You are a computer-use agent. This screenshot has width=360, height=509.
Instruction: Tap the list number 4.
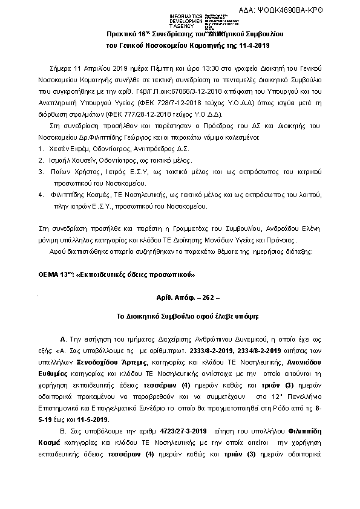pos(40,195)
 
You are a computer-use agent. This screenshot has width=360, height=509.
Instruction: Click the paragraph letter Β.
pos(63,447)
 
